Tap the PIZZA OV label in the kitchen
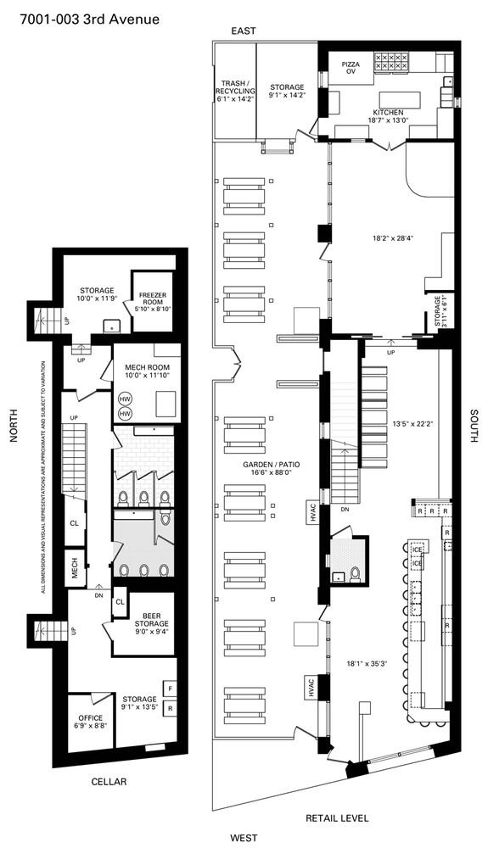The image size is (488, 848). [x=351, y=68]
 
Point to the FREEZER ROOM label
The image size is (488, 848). [x=153, y=302]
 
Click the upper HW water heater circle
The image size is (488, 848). [x=126, y=399]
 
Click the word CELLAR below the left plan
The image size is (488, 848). [x=109, y=782]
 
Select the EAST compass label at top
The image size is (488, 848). [x=244, y=31]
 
